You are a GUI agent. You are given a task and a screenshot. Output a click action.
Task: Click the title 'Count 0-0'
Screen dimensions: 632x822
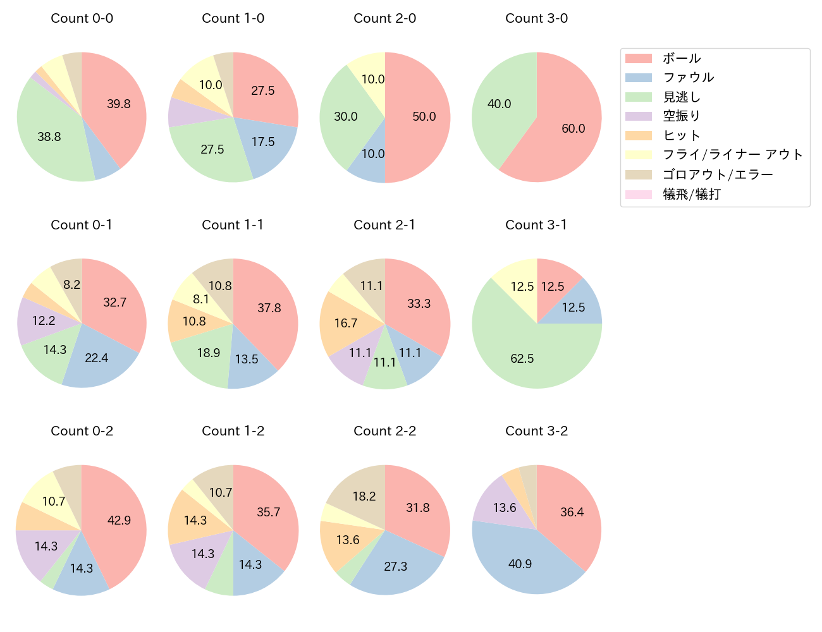click(82, 18)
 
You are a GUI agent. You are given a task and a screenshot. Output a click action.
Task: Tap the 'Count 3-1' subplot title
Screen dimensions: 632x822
click(536, 225)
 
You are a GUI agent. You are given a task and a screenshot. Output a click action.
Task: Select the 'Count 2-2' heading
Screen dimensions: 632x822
click(384, 431)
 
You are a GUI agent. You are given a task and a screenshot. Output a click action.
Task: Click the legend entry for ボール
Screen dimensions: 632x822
click(682, 59)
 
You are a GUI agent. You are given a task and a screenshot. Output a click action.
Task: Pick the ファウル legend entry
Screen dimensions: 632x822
click(688, 78)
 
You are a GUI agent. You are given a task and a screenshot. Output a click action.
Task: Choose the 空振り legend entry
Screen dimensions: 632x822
click(682, 116)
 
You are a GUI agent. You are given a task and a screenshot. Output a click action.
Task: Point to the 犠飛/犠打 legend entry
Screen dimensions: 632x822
click(692, 194)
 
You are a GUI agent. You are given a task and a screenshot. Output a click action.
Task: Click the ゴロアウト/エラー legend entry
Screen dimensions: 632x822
click(718, 174)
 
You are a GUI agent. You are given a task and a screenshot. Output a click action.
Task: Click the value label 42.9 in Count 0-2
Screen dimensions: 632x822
click(119, 520)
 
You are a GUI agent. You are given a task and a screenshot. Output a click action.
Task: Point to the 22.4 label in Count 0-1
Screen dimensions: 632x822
click(97, 358)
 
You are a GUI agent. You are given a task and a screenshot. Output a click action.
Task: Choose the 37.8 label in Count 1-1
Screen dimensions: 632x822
click(269, 308)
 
